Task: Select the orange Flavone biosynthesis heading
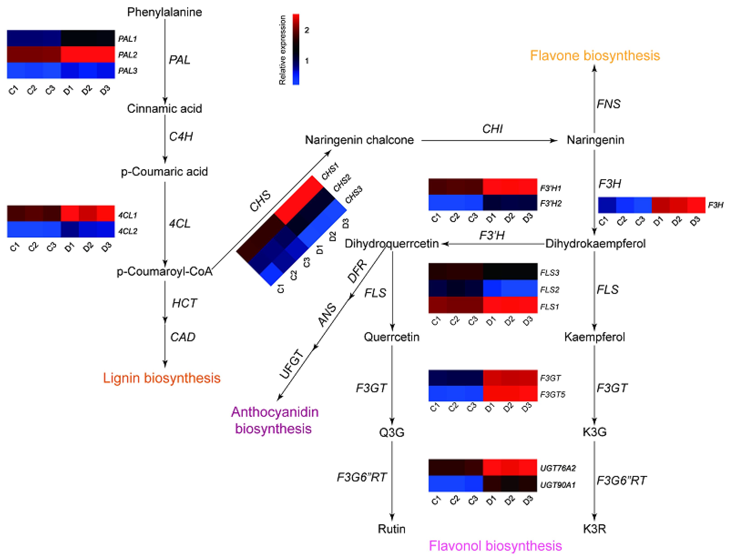pyautogui.click(x=595, y=55)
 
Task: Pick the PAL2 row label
pyautogui.click(x=127, y=54)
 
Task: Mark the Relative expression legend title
pyautogui.click(x=282, y=50)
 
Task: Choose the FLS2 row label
pyautogui.click(x=549, y=289)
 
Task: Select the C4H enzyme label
pyautogui.click(x=181, y=136)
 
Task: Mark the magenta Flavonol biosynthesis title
pyautogui.click(x=495, y=546)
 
